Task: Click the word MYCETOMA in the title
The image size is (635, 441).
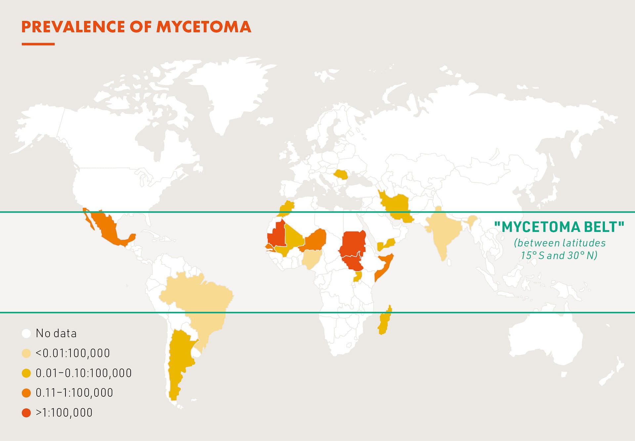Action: (203, 27)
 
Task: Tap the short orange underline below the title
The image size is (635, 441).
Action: (38, 44)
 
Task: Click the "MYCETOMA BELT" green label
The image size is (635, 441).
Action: (559, 227)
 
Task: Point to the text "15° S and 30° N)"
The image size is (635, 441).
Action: (559, 255)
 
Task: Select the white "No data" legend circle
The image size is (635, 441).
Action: (26, 333)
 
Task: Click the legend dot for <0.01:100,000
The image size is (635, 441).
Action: (26, 353)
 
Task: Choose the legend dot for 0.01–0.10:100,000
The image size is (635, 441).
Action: (26, 373)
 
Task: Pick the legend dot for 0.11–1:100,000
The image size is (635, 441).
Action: (26, 393)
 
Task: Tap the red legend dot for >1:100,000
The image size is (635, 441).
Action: (26, 413)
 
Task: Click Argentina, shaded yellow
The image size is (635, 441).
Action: (179, 357)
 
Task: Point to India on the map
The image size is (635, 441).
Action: (443, 232)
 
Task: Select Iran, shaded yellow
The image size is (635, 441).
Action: (397, 205)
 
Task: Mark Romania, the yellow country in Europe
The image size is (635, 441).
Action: (341, 174)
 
